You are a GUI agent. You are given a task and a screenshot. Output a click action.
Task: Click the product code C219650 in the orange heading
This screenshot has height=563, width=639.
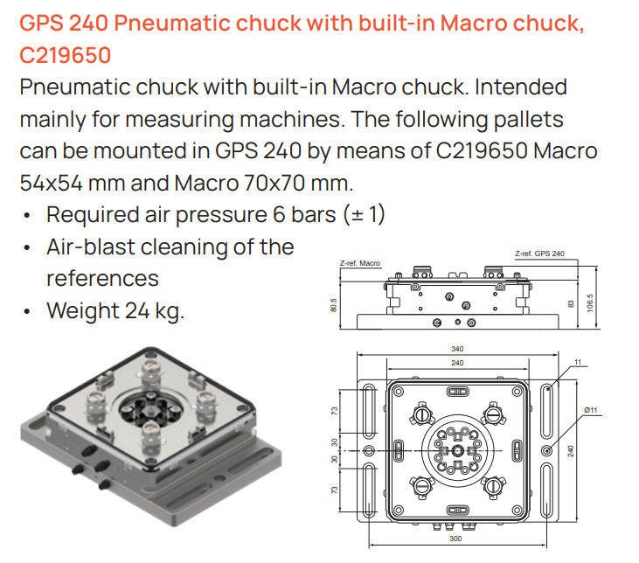pos(66,55)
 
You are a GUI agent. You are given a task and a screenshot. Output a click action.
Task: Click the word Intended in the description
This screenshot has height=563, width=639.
pos(520,87)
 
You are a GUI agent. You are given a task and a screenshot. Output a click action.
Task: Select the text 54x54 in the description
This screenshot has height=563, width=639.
pos(51,183)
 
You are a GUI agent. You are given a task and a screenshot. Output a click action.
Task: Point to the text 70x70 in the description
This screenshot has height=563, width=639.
pos(274,183)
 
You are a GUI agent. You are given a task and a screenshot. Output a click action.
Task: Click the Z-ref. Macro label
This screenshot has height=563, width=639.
pos(360,263)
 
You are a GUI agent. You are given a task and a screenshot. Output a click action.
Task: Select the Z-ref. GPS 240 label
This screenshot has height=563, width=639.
pos(539,254)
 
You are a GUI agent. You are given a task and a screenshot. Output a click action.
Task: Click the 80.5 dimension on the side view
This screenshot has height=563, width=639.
pos(334,305)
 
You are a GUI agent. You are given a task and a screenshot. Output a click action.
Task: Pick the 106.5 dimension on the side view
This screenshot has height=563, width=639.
pos(590,303)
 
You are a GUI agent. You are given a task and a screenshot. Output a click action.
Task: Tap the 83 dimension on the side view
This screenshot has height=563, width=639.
pos(571,304)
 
